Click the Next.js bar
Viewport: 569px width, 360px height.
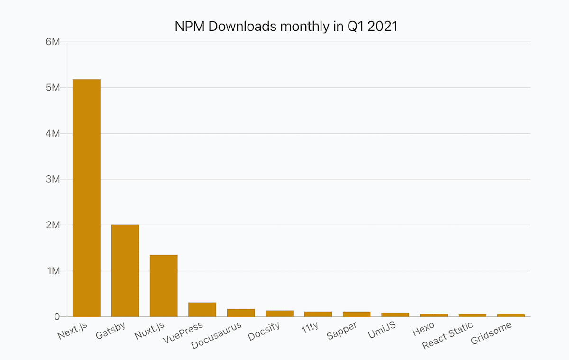86,198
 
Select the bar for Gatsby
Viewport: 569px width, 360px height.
125,270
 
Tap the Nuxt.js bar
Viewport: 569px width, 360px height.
164,286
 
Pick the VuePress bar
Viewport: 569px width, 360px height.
202,309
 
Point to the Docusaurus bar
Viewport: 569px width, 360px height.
241,313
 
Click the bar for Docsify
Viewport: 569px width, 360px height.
279,314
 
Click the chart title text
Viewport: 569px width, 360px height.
286,27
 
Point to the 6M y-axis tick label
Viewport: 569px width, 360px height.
53,42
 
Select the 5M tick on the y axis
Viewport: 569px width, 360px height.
53,88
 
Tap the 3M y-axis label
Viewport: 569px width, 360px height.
53,179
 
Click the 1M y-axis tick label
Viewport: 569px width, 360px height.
53,271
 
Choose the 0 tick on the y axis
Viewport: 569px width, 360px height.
57,316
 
